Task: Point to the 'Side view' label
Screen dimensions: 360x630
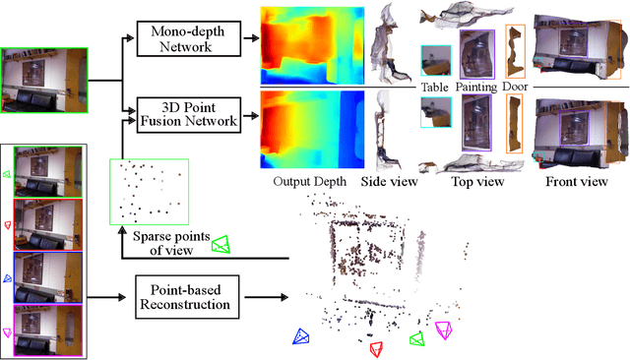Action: tap(391, 182)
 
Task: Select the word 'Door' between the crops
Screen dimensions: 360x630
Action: tap(515, 87)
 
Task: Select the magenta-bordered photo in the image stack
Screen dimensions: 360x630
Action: tap(42, 329)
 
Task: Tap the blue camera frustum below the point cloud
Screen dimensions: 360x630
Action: tap(300, 335)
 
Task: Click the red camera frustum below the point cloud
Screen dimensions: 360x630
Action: tap(375, 348)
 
